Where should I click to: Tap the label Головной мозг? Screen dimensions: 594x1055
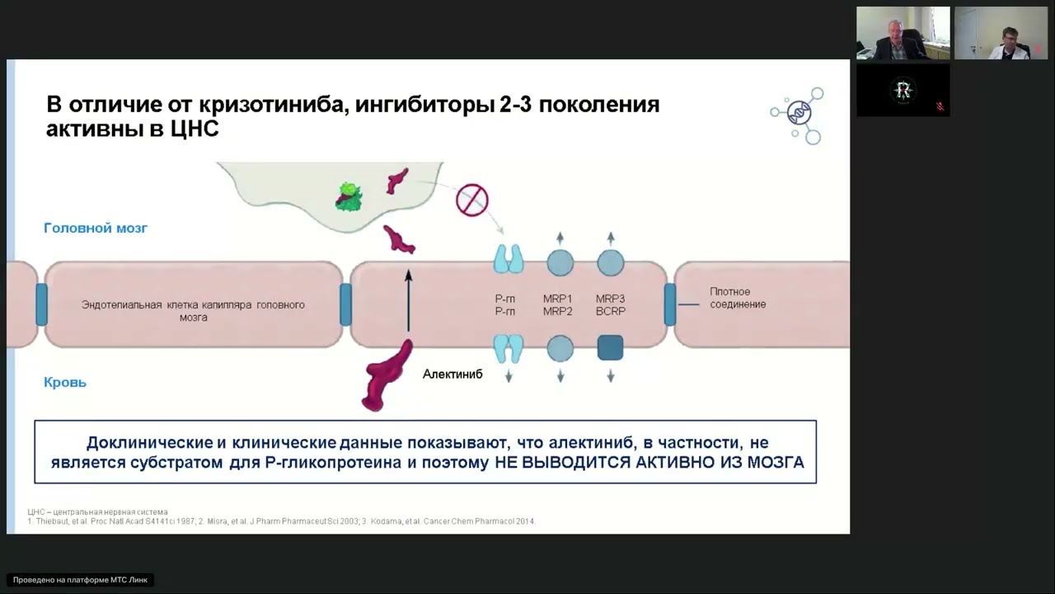[96, 228]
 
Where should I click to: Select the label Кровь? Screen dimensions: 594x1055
[65, 382]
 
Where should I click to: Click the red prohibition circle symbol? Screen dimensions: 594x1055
[472, 200]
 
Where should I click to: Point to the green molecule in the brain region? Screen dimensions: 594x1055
[349, 196]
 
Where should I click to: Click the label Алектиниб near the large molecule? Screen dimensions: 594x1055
[452, 374]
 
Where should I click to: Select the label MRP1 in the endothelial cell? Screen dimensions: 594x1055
[558, 298]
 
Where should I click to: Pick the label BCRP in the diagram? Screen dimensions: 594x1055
[611, 311]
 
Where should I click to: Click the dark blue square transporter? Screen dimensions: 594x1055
[610, 348]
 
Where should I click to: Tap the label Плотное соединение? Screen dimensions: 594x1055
[738, 298]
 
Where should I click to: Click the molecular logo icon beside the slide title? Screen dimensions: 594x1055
[798, 115]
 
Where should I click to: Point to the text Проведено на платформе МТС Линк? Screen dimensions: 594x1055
[80, 580]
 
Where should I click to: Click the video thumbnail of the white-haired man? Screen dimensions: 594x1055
[903, 33]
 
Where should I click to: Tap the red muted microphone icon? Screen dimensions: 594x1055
[940, 106]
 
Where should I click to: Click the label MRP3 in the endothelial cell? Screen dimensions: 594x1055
[611, 298]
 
